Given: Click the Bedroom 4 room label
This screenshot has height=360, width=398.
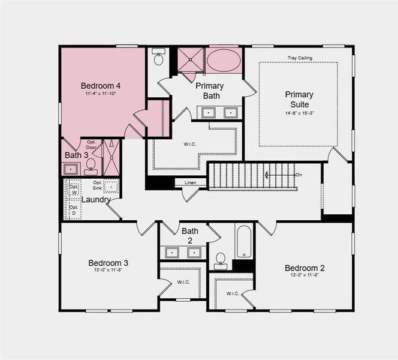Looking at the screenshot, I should coord(101,86).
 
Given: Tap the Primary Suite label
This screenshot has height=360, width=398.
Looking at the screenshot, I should coord(298,100).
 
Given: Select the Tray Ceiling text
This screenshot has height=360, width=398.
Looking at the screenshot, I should coord(300,58).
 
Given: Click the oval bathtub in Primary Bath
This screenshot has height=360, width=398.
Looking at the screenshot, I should coord(224,61).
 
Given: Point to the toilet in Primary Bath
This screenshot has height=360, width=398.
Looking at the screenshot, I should coord(159,58).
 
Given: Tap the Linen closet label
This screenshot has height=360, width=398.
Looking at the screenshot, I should coord(190,182).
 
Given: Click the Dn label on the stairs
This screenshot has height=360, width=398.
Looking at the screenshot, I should coord(298,175).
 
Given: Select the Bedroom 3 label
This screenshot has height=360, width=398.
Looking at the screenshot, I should coord(108,263).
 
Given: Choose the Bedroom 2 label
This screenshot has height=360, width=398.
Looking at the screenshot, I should coord(304,268).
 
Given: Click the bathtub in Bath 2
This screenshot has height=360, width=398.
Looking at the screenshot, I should coord(244,241).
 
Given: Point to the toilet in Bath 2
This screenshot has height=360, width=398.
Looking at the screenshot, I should coord(221,260).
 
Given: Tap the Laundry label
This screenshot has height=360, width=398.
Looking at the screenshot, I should coord(95,200).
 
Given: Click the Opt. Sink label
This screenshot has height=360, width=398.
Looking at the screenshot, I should coord(98,186).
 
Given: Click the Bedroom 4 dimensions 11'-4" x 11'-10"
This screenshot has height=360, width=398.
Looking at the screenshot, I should coord(101,94).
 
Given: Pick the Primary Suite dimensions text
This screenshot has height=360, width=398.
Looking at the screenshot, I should coord(298,113).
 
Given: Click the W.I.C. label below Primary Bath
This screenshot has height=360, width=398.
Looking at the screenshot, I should coord(190,143).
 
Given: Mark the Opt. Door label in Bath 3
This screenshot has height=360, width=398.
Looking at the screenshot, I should coord(92,145).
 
